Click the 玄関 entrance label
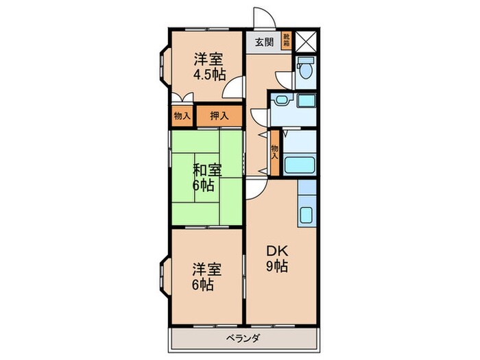pyautogui.click(x=264, y=43)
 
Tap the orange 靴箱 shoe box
pyautogui.click(x=287, y=40)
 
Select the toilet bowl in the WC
pyautogui.click(x=306, y=67)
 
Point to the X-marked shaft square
pyautogui.click(x=306, y=41)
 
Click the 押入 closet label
pyautogui.click(x=219, y=116)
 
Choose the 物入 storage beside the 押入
pyautogui.click(x=182, y=116)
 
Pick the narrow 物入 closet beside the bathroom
pyautogui.click(x=275, y=153)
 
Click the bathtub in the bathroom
pyautogui.click(x=300, y=166)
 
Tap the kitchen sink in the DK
pyautogui.click(x=306, y=215)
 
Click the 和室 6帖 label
pyautogui.click(x=207, y=178)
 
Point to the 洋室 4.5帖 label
pyautogui.click(x=209, y=67)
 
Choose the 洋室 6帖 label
pyautogui.click(x=207, y=277)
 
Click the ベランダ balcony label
pyautogui.click(x=243, y=339)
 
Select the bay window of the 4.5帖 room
pyautogui.click(x=164, y=66)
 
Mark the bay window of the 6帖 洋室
pyautogui.click(x=164, y=277)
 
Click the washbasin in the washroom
pyautogui.click(x=280, y=100)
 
